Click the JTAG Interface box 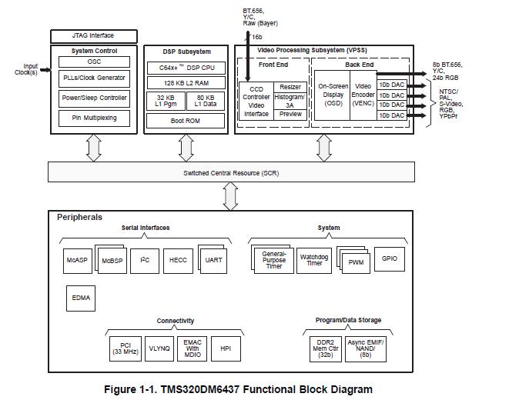tap(92, 36)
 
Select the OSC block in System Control tap(93, 62)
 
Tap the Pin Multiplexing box tap(93, 118)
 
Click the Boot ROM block tap(186, 121)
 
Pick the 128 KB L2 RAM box tap(186, 82)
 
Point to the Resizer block tap(290, 87)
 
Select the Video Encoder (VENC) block tap(363, 95)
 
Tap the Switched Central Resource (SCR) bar tap(231, 173)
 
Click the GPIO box tap(390, 258)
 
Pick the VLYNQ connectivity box tap(159, 348)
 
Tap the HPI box tap(226, 348)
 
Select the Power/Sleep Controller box tap(93, 98)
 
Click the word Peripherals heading tap(79, 218)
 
